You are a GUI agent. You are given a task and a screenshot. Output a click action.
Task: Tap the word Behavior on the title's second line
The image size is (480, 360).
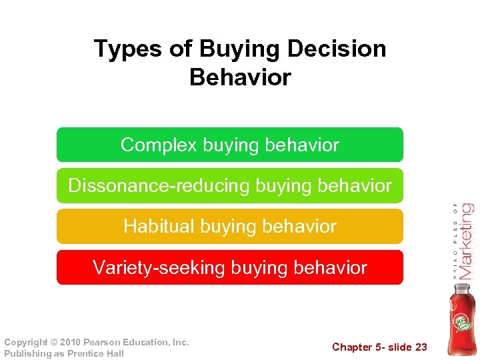[x=240, y=77]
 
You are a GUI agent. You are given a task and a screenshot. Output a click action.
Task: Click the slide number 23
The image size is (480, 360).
[x=420, y=347]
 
